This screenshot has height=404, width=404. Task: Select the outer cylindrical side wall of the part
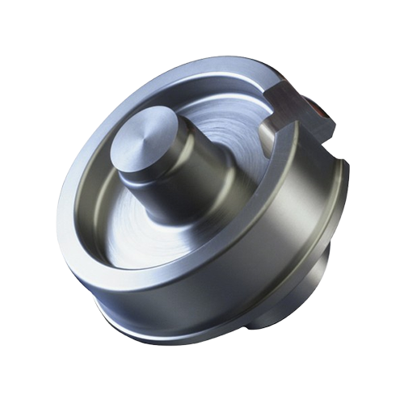(267, 259)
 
